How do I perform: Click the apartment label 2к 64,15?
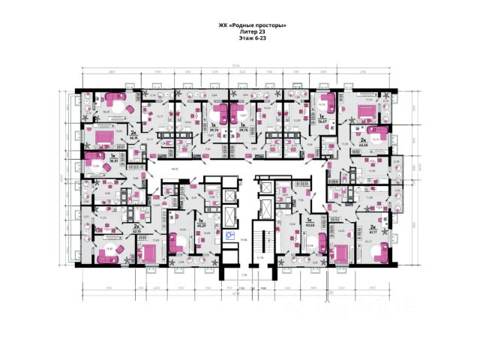tap(133, 136)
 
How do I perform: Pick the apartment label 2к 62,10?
tap(136, 229)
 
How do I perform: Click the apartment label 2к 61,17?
tap(373, 229)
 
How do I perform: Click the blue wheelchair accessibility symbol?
tap(230, 235)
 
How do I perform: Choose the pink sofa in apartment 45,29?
tap(178, 241)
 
